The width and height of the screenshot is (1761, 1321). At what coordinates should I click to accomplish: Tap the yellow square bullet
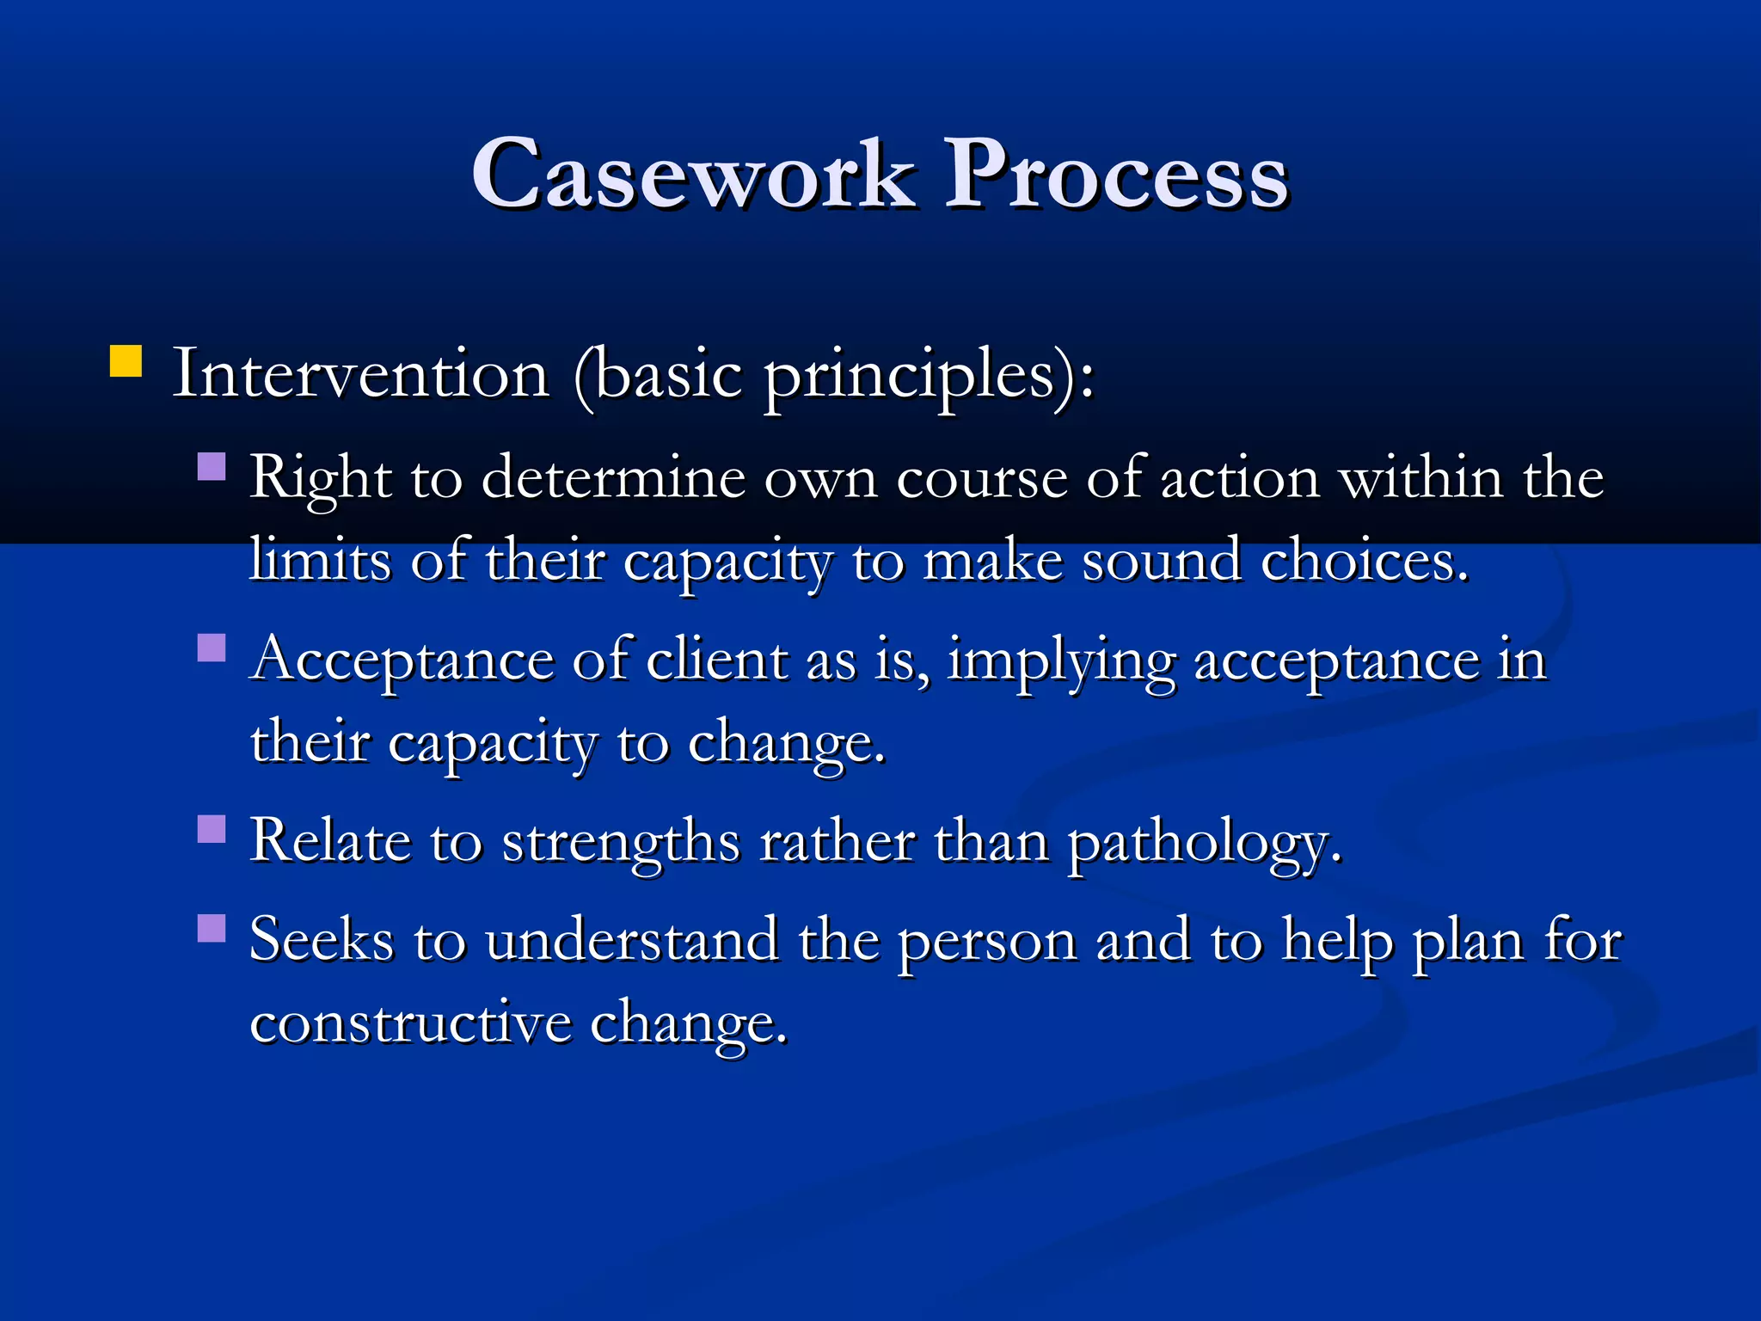[x=126, y=362]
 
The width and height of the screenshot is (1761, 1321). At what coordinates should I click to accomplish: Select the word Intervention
[x=361, y=375]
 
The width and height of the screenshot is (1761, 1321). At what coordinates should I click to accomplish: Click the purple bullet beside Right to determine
[x=212, y=467]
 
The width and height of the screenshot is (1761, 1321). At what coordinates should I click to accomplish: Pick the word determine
[x=612, y=478]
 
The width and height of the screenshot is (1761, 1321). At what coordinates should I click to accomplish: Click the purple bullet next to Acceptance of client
[x=212, y=648]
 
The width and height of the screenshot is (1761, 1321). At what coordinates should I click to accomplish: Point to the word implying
[x=1060, y=662]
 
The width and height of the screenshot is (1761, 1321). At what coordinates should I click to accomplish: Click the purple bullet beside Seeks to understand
[x=212, y=929]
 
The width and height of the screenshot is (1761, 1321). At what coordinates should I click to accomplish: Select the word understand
[x=632, y=940]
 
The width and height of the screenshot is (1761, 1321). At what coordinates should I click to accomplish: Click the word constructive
[x=410, y=1023]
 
